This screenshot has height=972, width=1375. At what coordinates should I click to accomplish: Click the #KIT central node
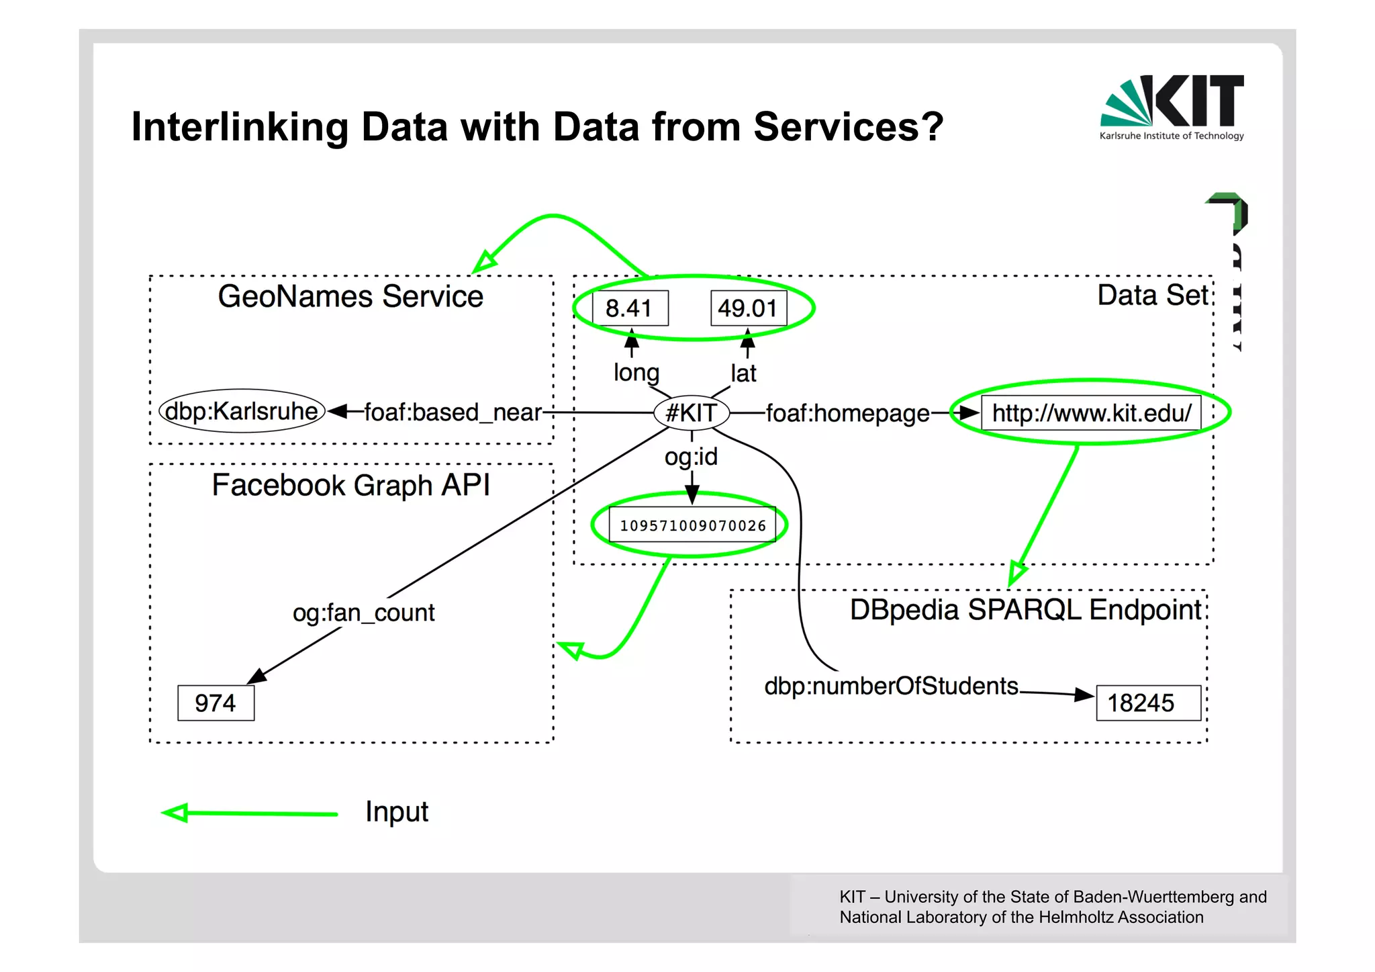pos(692,412)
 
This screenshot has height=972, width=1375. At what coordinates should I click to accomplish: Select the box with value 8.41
pos(630,308)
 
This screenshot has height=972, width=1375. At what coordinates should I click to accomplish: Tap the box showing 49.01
pos(748,308)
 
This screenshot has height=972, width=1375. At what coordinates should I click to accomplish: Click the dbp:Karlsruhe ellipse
pos(242,410)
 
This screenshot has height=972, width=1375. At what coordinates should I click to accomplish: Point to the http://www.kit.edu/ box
pos(1092,412)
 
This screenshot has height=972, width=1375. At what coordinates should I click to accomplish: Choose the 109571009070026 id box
pos(692,525)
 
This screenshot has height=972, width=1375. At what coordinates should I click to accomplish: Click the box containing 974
pos(216,703)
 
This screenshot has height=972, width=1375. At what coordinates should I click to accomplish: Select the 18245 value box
pos(1147,703)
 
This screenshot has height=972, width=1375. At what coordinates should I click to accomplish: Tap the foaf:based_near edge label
pos(453,412)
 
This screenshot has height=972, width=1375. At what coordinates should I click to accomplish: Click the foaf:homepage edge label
pos(847,413)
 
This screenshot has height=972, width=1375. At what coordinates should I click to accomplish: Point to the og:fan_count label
pos(363,613)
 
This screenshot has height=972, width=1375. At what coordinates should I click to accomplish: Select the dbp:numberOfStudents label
pos(891,686)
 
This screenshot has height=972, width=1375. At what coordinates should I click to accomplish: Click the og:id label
pos(691,457)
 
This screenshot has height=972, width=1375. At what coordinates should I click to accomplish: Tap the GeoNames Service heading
pos(350,296)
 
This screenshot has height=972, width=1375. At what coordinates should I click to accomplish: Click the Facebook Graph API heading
pos(350,485)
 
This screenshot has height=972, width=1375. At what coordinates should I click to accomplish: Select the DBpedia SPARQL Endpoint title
pos(1025,610)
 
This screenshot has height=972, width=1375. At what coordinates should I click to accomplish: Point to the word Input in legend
pos(396,811)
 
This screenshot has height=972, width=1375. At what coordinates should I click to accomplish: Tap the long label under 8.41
pos(636,372)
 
